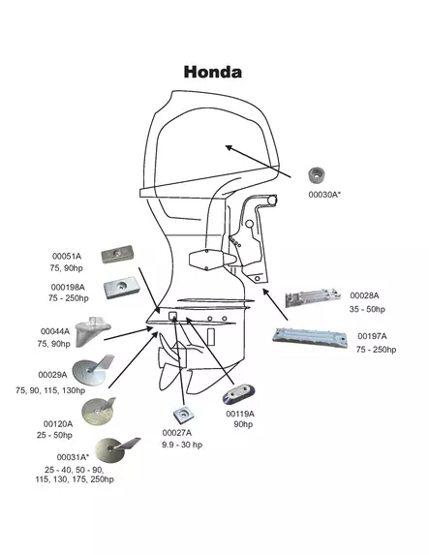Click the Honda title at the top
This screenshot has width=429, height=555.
click(x=213, y=72)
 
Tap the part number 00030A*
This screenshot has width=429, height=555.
click(x=324, y=195)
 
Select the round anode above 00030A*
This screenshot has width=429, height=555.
click(x=319, y=175)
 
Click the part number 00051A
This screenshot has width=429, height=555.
click(x=66, y=256)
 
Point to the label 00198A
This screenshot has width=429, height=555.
click(x=68, y=287)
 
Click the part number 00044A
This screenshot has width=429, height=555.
click(x=56, y=331)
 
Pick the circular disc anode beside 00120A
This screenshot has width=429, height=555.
click(x=100, y=413)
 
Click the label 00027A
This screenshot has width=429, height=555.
click(x=176, y=432)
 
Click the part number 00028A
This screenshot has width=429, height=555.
click(x=364, y=294)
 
